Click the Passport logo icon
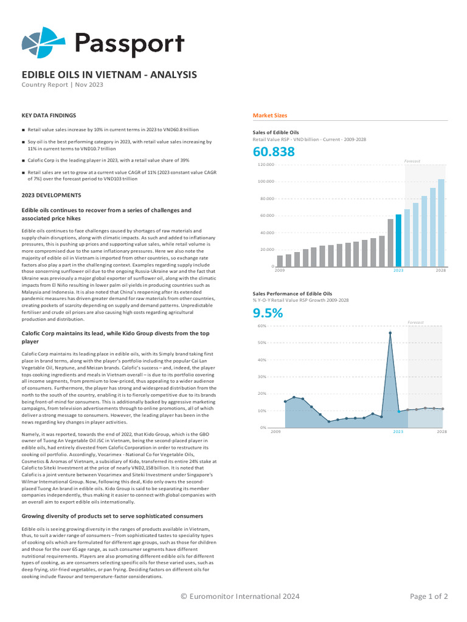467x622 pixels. tap(43, 43)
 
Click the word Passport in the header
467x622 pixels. tap(130, 44)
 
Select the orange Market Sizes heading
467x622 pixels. tap(270, 115)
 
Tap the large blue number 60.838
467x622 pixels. tap(274, 151)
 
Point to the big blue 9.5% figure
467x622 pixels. tap(268, 313)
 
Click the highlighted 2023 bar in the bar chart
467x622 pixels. tap(398, 241)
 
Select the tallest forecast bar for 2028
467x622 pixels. tap(441, 223)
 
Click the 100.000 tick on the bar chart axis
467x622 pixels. tap(267, 181)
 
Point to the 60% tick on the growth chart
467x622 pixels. tap(262, 326)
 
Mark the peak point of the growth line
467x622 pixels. tap(390, 333)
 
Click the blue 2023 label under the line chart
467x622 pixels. tap(398, 432)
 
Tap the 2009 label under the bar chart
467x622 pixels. tap(280, 270)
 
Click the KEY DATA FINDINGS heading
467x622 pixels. tap(49, 115)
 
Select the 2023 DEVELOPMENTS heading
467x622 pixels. tap(51, 195)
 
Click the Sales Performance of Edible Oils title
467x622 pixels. tap(292, 294)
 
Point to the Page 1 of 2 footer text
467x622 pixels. tap(429, 596)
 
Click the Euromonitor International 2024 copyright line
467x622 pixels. tap(240, 596)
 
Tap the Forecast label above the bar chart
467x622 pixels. tap(412, 161)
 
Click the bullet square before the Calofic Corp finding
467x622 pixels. tap(24, 160)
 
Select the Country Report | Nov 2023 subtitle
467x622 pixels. tap(63, 84)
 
